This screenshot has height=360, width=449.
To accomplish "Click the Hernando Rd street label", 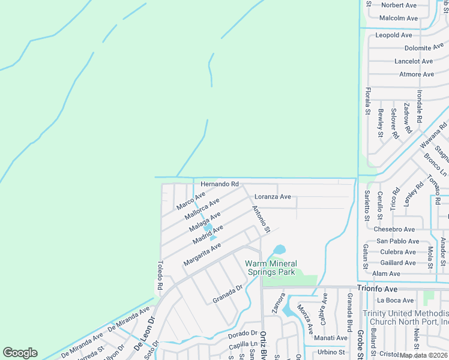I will pyautogui.click(x=220, y=184).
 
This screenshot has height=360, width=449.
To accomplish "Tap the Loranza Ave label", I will pyautogui.click(x=273, y=197).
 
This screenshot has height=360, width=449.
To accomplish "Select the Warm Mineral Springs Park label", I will pyautogui.click(x=270, y=268).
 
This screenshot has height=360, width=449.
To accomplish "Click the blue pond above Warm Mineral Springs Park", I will pyautogui.click(x=279, y=249).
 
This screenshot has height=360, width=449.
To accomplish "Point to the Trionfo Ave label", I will pyautogui.click(x=378, y=289).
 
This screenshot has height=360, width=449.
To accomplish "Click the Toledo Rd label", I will pyautogui.click(x=160, y=276).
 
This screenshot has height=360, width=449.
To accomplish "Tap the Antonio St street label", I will pyautogui.click(x=262, y=220).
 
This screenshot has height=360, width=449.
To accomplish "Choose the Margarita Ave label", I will pyautogui.click(x=202, y=254).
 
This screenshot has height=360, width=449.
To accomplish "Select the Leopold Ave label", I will pyautogui.click(x=394, y=35).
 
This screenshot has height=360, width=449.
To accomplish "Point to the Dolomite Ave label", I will pyautogui.click(x=424, y=48).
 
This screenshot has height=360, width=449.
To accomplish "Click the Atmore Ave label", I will pyautogui.click(x=417, y=74).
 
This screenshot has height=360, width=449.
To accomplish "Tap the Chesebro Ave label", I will pyautogui.click(x=394, y=229).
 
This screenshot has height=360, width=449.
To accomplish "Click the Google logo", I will pyautogui.click(x=20, y=353).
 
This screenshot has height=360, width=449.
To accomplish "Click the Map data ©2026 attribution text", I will pyautogui.click(x=424, y=355).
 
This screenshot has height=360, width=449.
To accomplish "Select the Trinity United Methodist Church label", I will pyautogui.click(x=405, y=317).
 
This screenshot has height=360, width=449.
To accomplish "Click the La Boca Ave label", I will pyautogui.click(x=395, y=300).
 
